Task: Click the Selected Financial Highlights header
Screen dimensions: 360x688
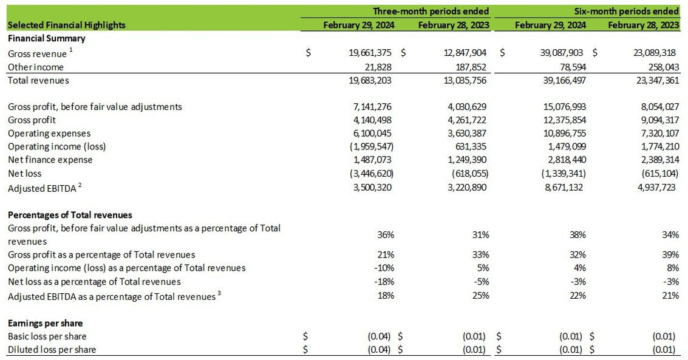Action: (x=67, y=25)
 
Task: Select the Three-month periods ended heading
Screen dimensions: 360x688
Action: (x=431, y=11)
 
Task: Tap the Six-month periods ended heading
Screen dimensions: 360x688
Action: (x=627, y=11)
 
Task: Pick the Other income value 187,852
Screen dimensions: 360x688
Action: (x=466, y=67)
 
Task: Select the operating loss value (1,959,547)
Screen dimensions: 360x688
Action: (x=370, y=146)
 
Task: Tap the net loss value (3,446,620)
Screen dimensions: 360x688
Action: (x=370, y=173)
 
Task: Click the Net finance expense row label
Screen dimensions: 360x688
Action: (x=50, y=160)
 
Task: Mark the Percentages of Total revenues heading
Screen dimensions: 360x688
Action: (x=70, y=215)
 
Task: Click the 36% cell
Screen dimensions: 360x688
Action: (x=386, y=234)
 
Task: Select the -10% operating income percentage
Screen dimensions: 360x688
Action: (x=385, y=268)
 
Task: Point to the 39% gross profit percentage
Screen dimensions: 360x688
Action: (x=671, y=254)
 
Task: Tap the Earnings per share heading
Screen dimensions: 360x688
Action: (x=46, y=323)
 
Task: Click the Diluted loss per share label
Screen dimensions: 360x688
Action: (x=52, y=349)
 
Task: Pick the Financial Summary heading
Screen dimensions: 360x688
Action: (x=47, y=38)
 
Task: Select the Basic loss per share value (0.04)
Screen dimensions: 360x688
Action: (x=379, y=336)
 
